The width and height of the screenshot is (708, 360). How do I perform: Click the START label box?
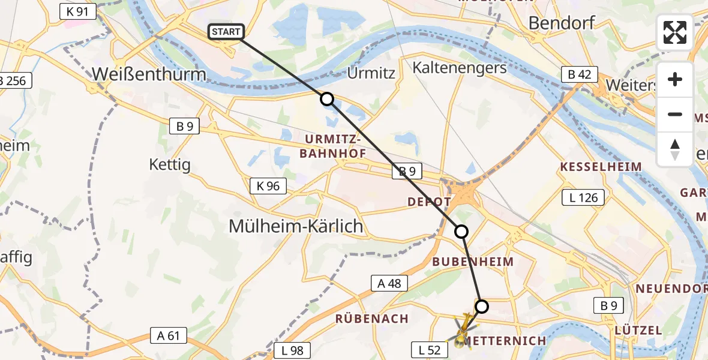click(226, 32)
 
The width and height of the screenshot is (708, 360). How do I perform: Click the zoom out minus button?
click(675, 114)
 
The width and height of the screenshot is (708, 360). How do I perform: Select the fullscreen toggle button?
click(675, 32)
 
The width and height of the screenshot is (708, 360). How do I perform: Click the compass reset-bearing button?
click(675, 149)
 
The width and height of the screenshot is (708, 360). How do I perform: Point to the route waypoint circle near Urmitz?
click(326, 99)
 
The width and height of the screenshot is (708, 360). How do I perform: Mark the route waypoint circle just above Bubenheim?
click(461, 231)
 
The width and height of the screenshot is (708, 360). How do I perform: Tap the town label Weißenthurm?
click(149, 74)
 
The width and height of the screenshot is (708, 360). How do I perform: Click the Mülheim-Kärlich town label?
click(296, 226)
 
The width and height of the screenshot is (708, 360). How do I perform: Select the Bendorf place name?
click(562, 23)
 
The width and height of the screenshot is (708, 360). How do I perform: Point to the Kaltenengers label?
click(460, 68)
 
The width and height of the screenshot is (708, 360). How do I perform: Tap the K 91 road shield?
click(78, 11)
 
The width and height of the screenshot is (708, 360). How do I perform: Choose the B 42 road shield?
click(580, 74)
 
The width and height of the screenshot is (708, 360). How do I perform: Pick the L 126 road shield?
click(583, 197)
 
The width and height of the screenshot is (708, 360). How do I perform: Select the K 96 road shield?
click(268, 186)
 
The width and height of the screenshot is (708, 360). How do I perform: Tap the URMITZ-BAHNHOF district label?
click(332, 146)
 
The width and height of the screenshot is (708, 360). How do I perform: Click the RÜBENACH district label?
click(372, 319)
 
